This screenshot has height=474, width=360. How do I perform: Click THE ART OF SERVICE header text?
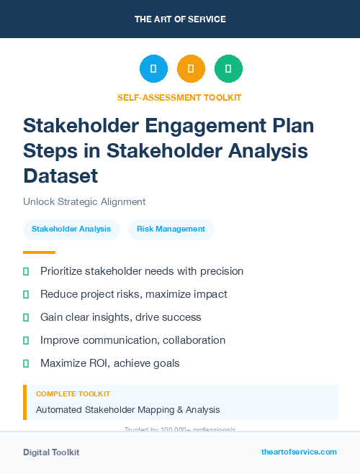[x=180, y=19]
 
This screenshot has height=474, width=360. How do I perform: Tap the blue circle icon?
[x=153, y=69]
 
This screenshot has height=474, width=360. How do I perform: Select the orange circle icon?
[x=191, y=69]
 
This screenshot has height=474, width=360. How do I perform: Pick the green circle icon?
[x=229, y=69]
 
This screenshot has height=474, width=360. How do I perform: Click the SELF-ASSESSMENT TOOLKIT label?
[x=179, y=97]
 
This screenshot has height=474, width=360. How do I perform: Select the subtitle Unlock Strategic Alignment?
[x=84, y=202]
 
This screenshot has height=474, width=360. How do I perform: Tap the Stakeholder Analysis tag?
[x=71, y=229]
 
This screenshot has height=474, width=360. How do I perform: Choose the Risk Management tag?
[x=171, y=229]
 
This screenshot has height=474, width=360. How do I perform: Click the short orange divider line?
[x=39, y=252]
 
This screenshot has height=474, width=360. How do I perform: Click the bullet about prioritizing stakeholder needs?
[x=142, y=271]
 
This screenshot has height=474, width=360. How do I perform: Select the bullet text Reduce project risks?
[x=134, y=294]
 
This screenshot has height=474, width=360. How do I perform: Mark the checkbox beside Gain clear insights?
[x=26, y=317]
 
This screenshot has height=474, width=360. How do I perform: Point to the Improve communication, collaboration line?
[x=132, y=340]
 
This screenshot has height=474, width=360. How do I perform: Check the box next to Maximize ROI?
[x=26, y=363]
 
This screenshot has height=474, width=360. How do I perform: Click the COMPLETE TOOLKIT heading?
[x=73, y=394]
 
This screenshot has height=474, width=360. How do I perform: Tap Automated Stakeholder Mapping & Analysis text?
[x=128, y=410]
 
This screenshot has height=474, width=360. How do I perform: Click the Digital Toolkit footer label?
[x=51, y=452]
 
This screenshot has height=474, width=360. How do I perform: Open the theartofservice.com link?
[x=299, y=452]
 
